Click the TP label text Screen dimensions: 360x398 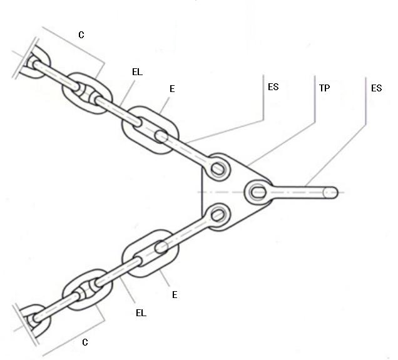[x=325, y=88]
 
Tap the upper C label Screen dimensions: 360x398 [x=81, y=35]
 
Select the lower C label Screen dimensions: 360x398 [x=85, y=342]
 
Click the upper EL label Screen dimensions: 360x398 [x=137, y=72]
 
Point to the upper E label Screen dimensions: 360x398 [x=172, y=89]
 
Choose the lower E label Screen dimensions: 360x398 [x=175, y=294]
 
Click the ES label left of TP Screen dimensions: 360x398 [x=272, y=87]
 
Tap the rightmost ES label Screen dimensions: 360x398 [x=376, y=88]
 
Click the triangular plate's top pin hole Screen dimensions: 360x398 [x=218, y=167]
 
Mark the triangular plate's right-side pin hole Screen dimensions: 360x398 [x=258, y=191]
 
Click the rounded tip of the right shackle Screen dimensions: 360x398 [x=333, y=192]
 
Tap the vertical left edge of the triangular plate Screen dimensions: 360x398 [x=202, y=191]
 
